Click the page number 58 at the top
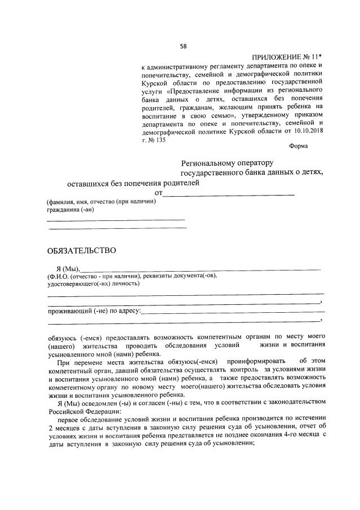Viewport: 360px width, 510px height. click(x=183, y=46)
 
